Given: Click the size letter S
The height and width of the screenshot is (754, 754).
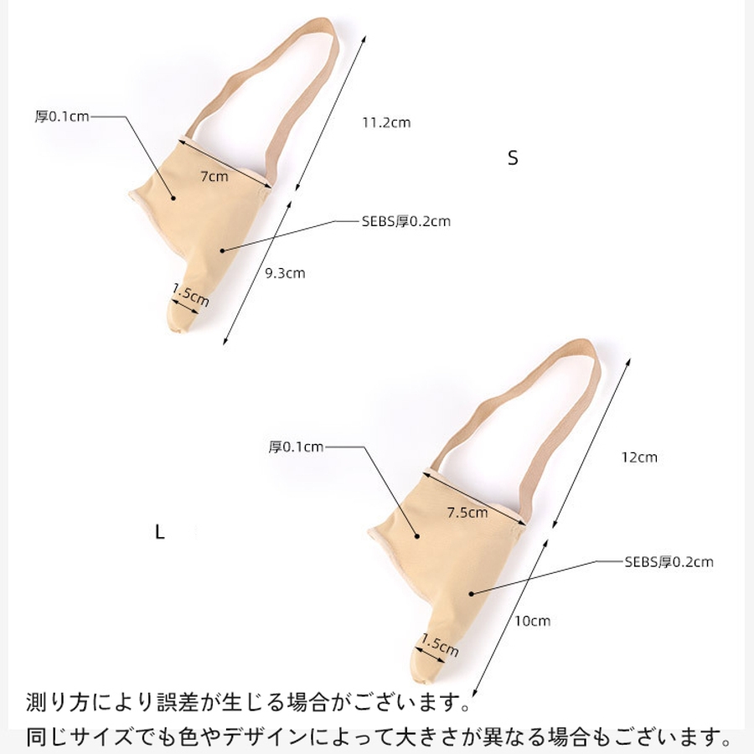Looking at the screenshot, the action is coord(513,158).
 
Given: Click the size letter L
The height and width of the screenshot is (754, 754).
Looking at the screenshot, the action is coord(160,532).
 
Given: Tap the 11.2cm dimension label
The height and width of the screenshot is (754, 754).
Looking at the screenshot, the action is coord(386,122).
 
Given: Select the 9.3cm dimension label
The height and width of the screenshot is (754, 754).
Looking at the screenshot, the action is coord(285,273).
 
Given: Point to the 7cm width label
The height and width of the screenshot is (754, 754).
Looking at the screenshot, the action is coord(214,177).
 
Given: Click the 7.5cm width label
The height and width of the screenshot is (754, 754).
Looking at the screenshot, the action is coord(467,512).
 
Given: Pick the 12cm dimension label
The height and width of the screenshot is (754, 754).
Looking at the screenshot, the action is coord(639,457).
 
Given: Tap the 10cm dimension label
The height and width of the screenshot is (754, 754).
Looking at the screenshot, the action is coord(532,621).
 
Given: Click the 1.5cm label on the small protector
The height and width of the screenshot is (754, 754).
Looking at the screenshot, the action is coord(190,296).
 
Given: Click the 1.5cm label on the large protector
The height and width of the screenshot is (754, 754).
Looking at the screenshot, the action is coord(440,645).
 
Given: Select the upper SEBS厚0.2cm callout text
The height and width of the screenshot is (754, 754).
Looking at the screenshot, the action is coord(405,221).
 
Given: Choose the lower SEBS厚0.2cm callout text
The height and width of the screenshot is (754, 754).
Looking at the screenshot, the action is coord(669,561).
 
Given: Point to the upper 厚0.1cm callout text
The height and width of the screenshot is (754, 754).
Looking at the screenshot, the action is coord(62,116).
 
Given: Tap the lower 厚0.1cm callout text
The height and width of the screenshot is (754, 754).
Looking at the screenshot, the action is coord(296,447).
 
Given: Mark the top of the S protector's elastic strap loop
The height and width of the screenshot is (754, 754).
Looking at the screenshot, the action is coord(323,22).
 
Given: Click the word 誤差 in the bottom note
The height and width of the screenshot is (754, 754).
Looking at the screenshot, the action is coord(178,702).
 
